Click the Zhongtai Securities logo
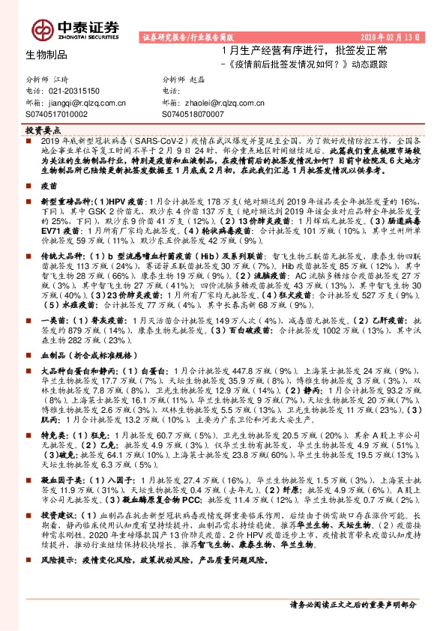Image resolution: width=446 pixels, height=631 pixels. (x=75, y=28)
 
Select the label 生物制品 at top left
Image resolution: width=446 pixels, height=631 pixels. (x=46, y=55)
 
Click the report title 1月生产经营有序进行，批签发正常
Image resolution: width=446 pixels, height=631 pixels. (x=304, y=50)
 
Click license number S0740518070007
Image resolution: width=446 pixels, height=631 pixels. (x=194, y=114)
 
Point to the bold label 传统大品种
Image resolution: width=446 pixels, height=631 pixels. (x=61, y=255)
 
